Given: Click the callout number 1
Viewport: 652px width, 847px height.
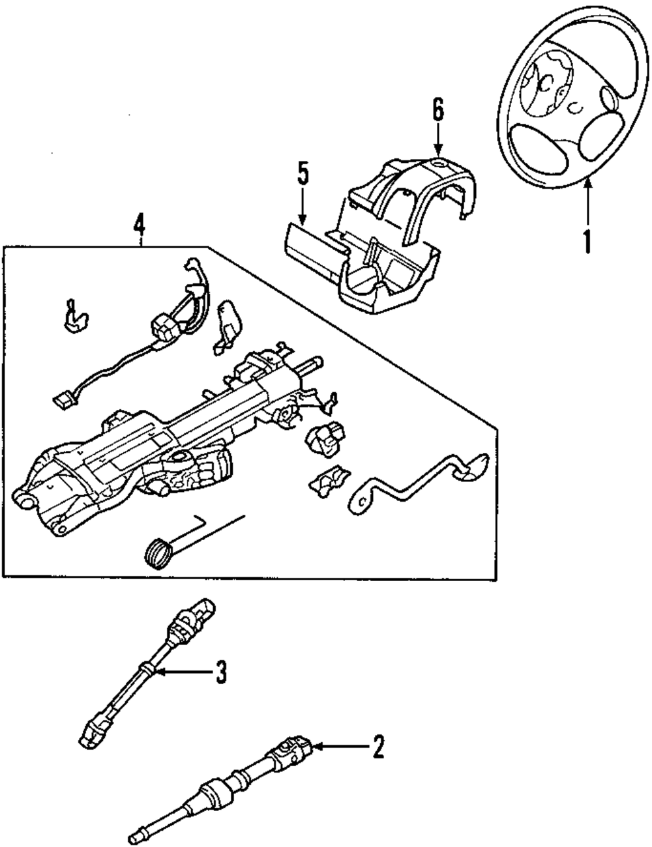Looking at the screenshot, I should pyautogui.click(x=587, y=240).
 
